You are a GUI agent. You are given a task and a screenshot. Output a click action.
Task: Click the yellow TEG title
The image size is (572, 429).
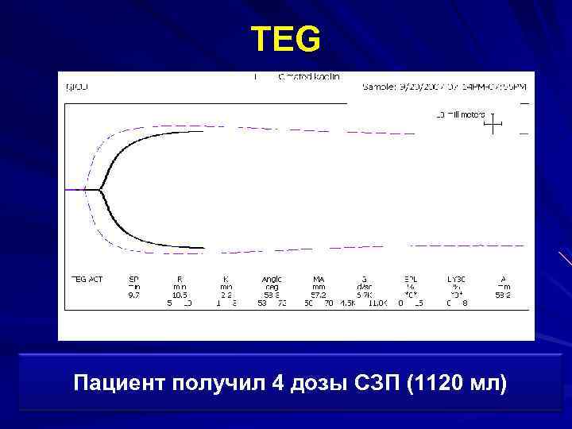pos(286,39)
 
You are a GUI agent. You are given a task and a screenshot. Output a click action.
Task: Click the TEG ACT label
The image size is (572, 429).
pos(87,279)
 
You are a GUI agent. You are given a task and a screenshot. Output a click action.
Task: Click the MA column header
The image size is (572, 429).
pos(319,279)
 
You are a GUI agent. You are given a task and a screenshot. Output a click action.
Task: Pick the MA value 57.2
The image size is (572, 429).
pos(319,295)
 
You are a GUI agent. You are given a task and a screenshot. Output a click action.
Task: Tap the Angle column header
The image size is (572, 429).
pos(272,279)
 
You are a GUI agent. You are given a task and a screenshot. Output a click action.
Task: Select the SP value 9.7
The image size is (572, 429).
pos(133,295)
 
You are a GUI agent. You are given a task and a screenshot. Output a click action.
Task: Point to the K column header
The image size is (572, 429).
pos(226,279)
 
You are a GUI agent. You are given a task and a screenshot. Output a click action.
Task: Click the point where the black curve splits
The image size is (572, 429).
pos(100,190)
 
